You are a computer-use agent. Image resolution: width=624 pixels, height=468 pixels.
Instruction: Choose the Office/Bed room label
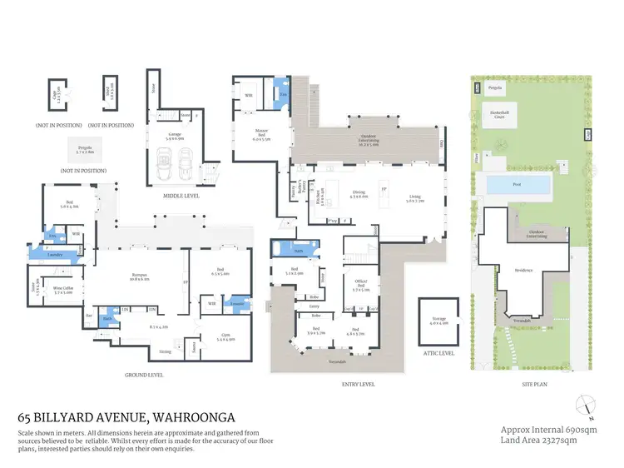[361, 288]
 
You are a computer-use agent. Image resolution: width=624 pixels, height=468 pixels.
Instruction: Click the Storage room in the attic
[438, 323]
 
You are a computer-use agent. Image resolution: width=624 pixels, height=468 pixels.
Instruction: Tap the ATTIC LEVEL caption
[439, 353]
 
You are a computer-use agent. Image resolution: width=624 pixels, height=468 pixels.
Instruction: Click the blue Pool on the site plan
[517, 184]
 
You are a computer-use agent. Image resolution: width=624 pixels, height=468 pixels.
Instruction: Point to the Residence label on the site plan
[523, 271]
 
